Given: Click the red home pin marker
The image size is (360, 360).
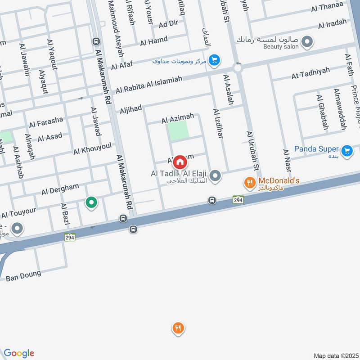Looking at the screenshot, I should (x=180, y=161).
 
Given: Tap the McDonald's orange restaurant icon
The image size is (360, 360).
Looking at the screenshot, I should (x=249, y=183).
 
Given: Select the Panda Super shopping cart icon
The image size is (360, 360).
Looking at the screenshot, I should (x=346, y=151).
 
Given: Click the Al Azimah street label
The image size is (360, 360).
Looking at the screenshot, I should (x=178, y=119).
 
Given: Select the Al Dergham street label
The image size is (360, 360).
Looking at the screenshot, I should (x=60, y=189).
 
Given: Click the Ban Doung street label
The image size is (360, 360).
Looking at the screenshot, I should (x=23, y=275).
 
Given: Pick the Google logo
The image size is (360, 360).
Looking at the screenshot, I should (x=19, y=353).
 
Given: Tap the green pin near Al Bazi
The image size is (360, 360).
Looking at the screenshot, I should (x=91, y=203).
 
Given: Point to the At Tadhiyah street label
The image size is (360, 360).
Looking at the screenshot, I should (x=310, y=73).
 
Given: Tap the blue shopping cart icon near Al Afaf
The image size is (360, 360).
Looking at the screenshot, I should (x=214, y=60).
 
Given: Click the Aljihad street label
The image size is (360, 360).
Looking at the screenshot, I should (x=130, y=109).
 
